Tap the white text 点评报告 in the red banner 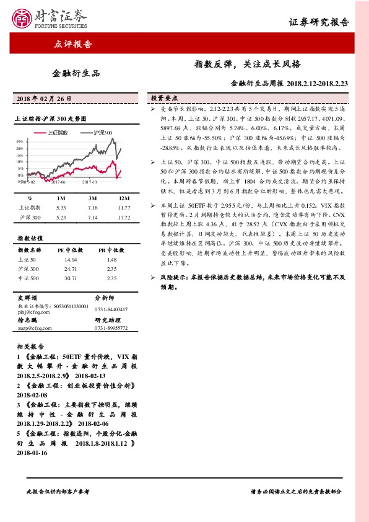click(x=74, y=44)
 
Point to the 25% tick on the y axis click(x=19, y=142)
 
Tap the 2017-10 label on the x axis click(x=91, y=182)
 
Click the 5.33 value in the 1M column click(x=61, y=208)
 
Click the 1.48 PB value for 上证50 click(x=111, y=260)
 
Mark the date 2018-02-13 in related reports click(x=92, y=376)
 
